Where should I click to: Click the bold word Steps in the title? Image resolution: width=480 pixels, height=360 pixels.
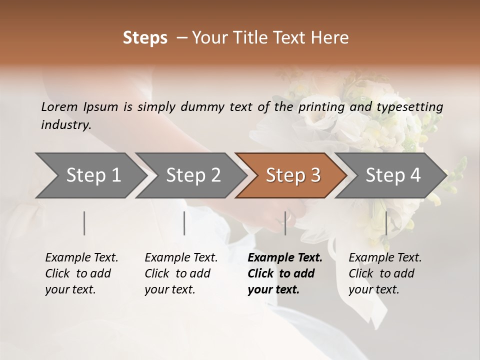pos(145,38)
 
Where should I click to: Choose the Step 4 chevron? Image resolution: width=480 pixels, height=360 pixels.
pos(393,175)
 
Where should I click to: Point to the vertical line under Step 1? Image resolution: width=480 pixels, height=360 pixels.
pos(84,223)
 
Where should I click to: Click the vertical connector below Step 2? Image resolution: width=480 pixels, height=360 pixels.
pos(184,223)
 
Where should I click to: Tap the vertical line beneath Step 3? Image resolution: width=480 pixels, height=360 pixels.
pos(285,223)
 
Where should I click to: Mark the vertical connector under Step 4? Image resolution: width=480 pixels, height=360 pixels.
pos(386,223)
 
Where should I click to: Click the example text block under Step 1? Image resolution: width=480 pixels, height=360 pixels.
pos(81,273)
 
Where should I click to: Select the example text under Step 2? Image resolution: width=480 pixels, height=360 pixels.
pos(181,273)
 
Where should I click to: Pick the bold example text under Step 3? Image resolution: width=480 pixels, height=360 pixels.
pos(285,273)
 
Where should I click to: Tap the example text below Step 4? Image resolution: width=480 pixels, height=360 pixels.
pos(385,273)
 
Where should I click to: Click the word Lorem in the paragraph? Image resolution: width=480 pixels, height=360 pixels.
pos(59,107)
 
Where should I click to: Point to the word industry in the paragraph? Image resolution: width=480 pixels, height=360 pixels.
pos(66,124)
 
